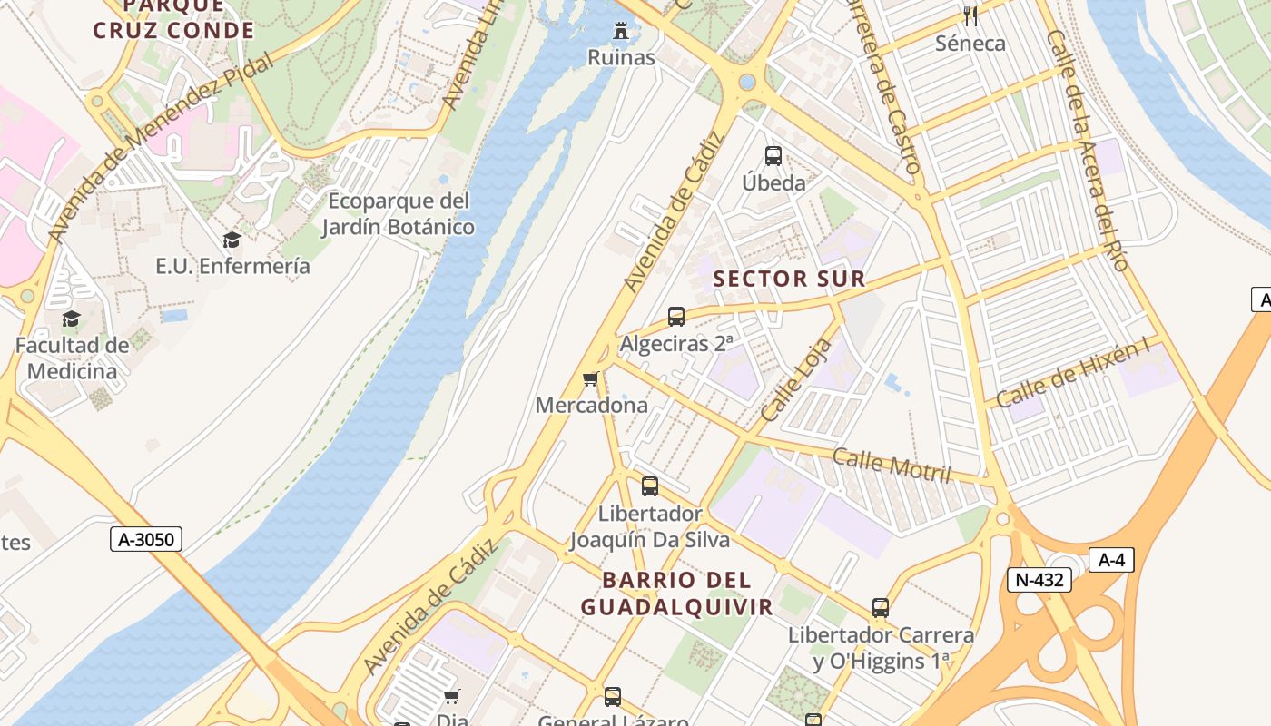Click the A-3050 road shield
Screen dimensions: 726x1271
tap(146, 539)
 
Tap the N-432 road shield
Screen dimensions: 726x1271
tap(1039, 579)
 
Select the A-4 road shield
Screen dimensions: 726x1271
tap(1111, 560)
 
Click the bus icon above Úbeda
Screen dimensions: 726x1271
tap(773, 156)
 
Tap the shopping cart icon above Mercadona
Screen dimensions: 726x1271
tap(591, 378)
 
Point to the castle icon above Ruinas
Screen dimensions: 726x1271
tap(621, 32)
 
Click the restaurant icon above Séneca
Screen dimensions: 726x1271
tap(970, 15)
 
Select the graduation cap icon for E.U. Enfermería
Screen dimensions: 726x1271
tap(232, 240)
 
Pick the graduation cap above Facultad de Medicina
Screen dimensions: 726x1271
tap(71, 319)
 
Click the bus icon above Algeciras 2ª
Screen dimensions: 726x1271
tap(676, 317)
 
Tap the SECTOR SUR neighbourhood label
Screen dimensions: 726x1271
tap(789, 279)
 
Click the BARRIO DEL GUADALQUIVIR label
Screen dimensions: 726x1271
tap(677, 594)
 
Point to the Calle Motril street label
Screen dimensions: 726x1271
tap(892, 466)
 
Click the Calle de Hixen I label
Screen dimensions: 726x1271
tap(1073, 372)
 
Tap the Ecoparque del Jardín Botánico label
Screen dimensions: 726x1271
tap(399, 213)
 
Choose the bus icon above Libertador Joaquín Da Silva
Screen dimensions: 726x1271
tap(650, 486)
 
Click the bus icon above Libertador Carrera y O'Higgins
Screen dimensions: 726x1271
tap(880, 608)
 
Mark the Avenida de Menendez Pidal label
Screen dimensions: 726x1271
tap(160, 148)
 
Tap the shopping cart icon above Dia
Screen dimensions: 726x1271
tap(451, 696)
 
